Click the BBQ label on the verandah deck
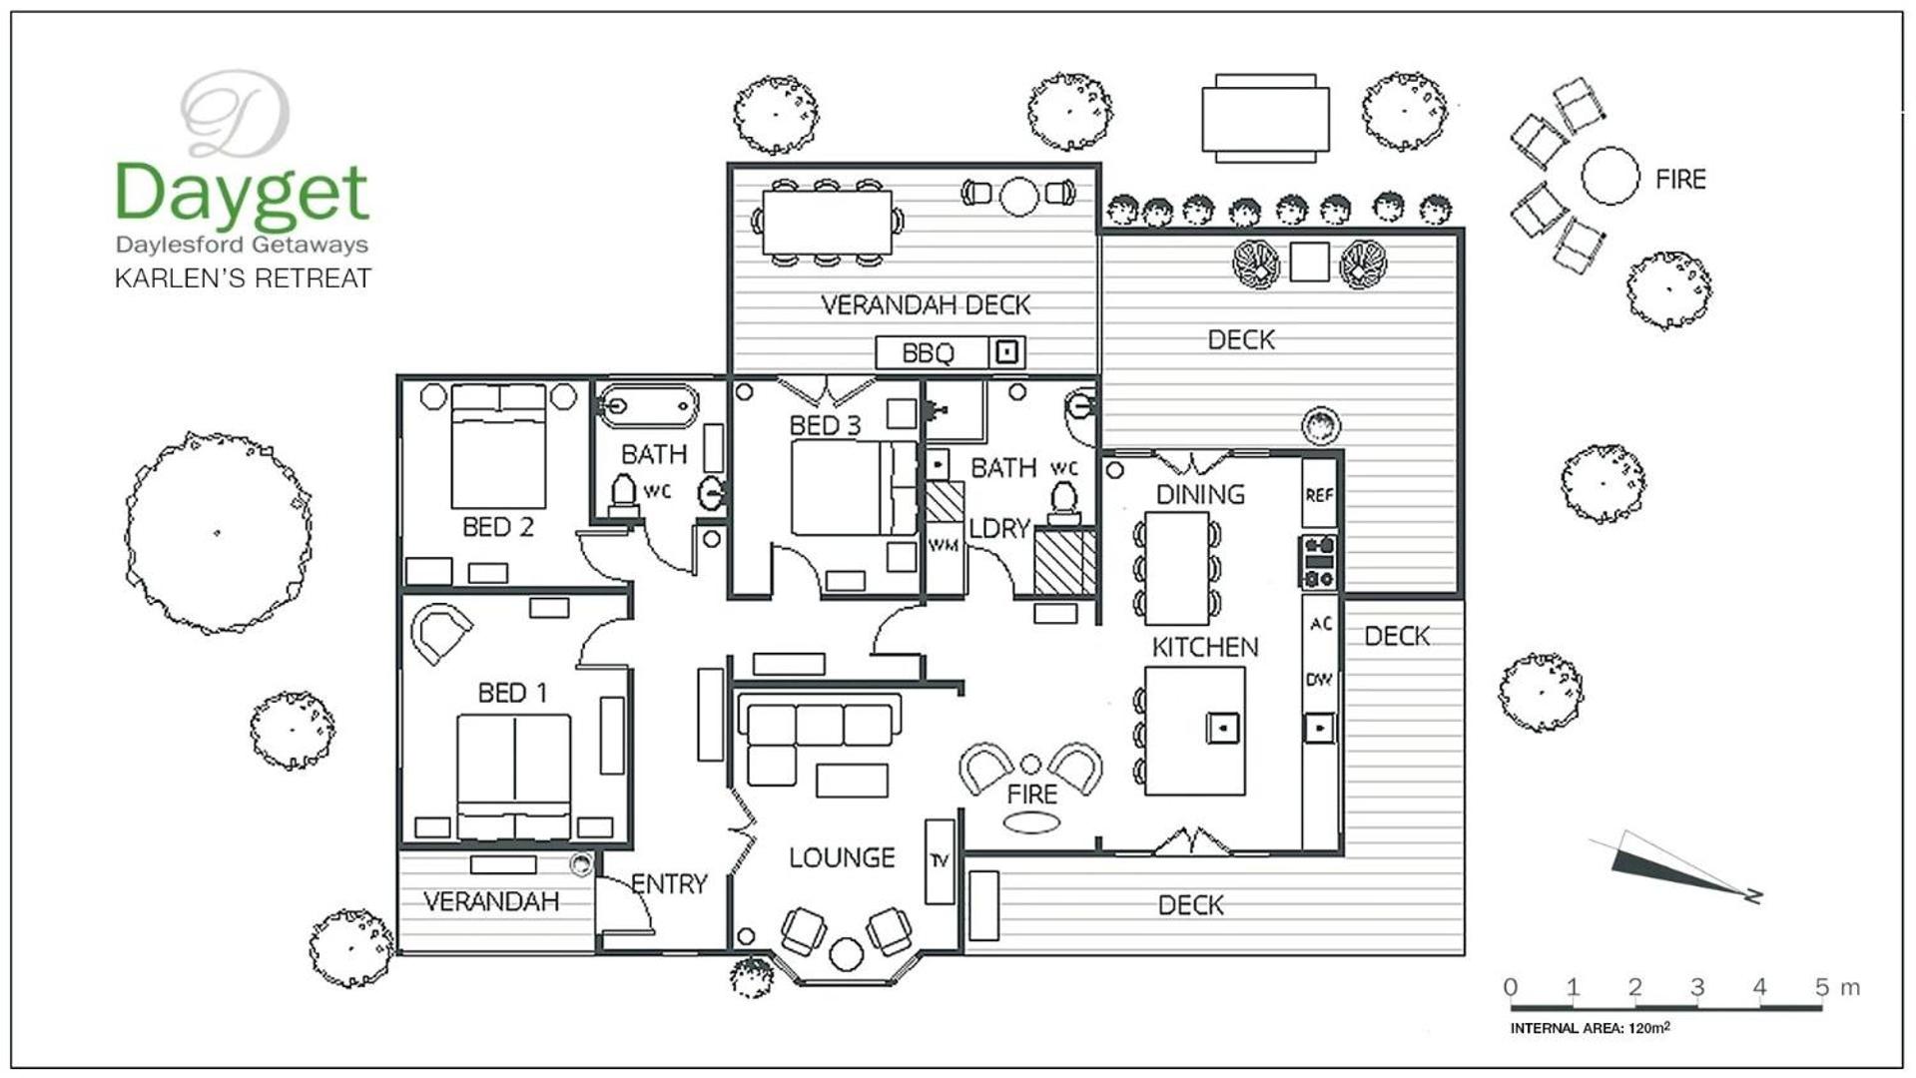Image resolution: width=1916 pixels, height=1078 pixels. (x=928, y=352)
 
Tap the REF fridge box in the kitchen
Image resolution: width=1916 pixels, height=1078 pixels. (x=1319, y=493)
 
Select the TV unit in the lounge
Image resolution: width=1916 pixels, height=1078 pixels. (x=940, y=861)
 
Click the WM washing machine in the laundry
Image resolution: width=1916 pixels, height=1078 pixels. (x=944, y=545)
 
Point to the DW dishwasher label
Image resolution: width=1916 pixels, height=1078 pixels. (x=1319, y=680)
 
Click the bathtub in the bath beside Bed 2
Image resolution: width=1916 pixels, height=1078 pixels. (x=648, y=405)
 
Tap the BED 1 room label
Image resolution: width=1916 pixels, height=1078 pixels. (x=512, y=693)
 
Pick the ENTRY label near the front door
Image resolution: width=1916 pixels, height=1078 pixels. (x=669, y=883)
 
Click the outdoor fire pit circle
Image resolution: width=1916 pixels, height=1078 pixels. (x=1609, y=176)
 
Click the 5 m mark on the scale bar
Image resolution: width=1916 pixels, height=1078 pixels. (x=1822, y=987)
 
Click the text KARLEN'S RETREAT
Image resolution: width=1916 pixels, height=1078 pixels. (x=243, y=277)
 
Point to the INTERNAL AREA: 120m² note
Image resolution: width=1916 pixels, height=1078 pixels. (x=1590, y=1028)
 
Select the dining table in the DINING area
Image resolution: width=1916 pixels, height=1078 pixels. (x=1177, y=567)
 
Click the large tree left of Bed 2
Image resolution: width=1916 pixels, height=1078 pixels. (x=219, y=533)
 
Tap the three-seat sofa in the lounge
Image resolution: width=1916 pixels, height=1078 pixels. (x=819, y=724)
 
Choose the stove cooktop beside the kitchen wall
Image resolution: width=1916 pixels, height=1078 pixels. (x=1318, y=562)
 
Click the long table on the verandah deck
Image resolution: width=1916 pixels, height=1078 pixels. (x=827, y=223)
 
